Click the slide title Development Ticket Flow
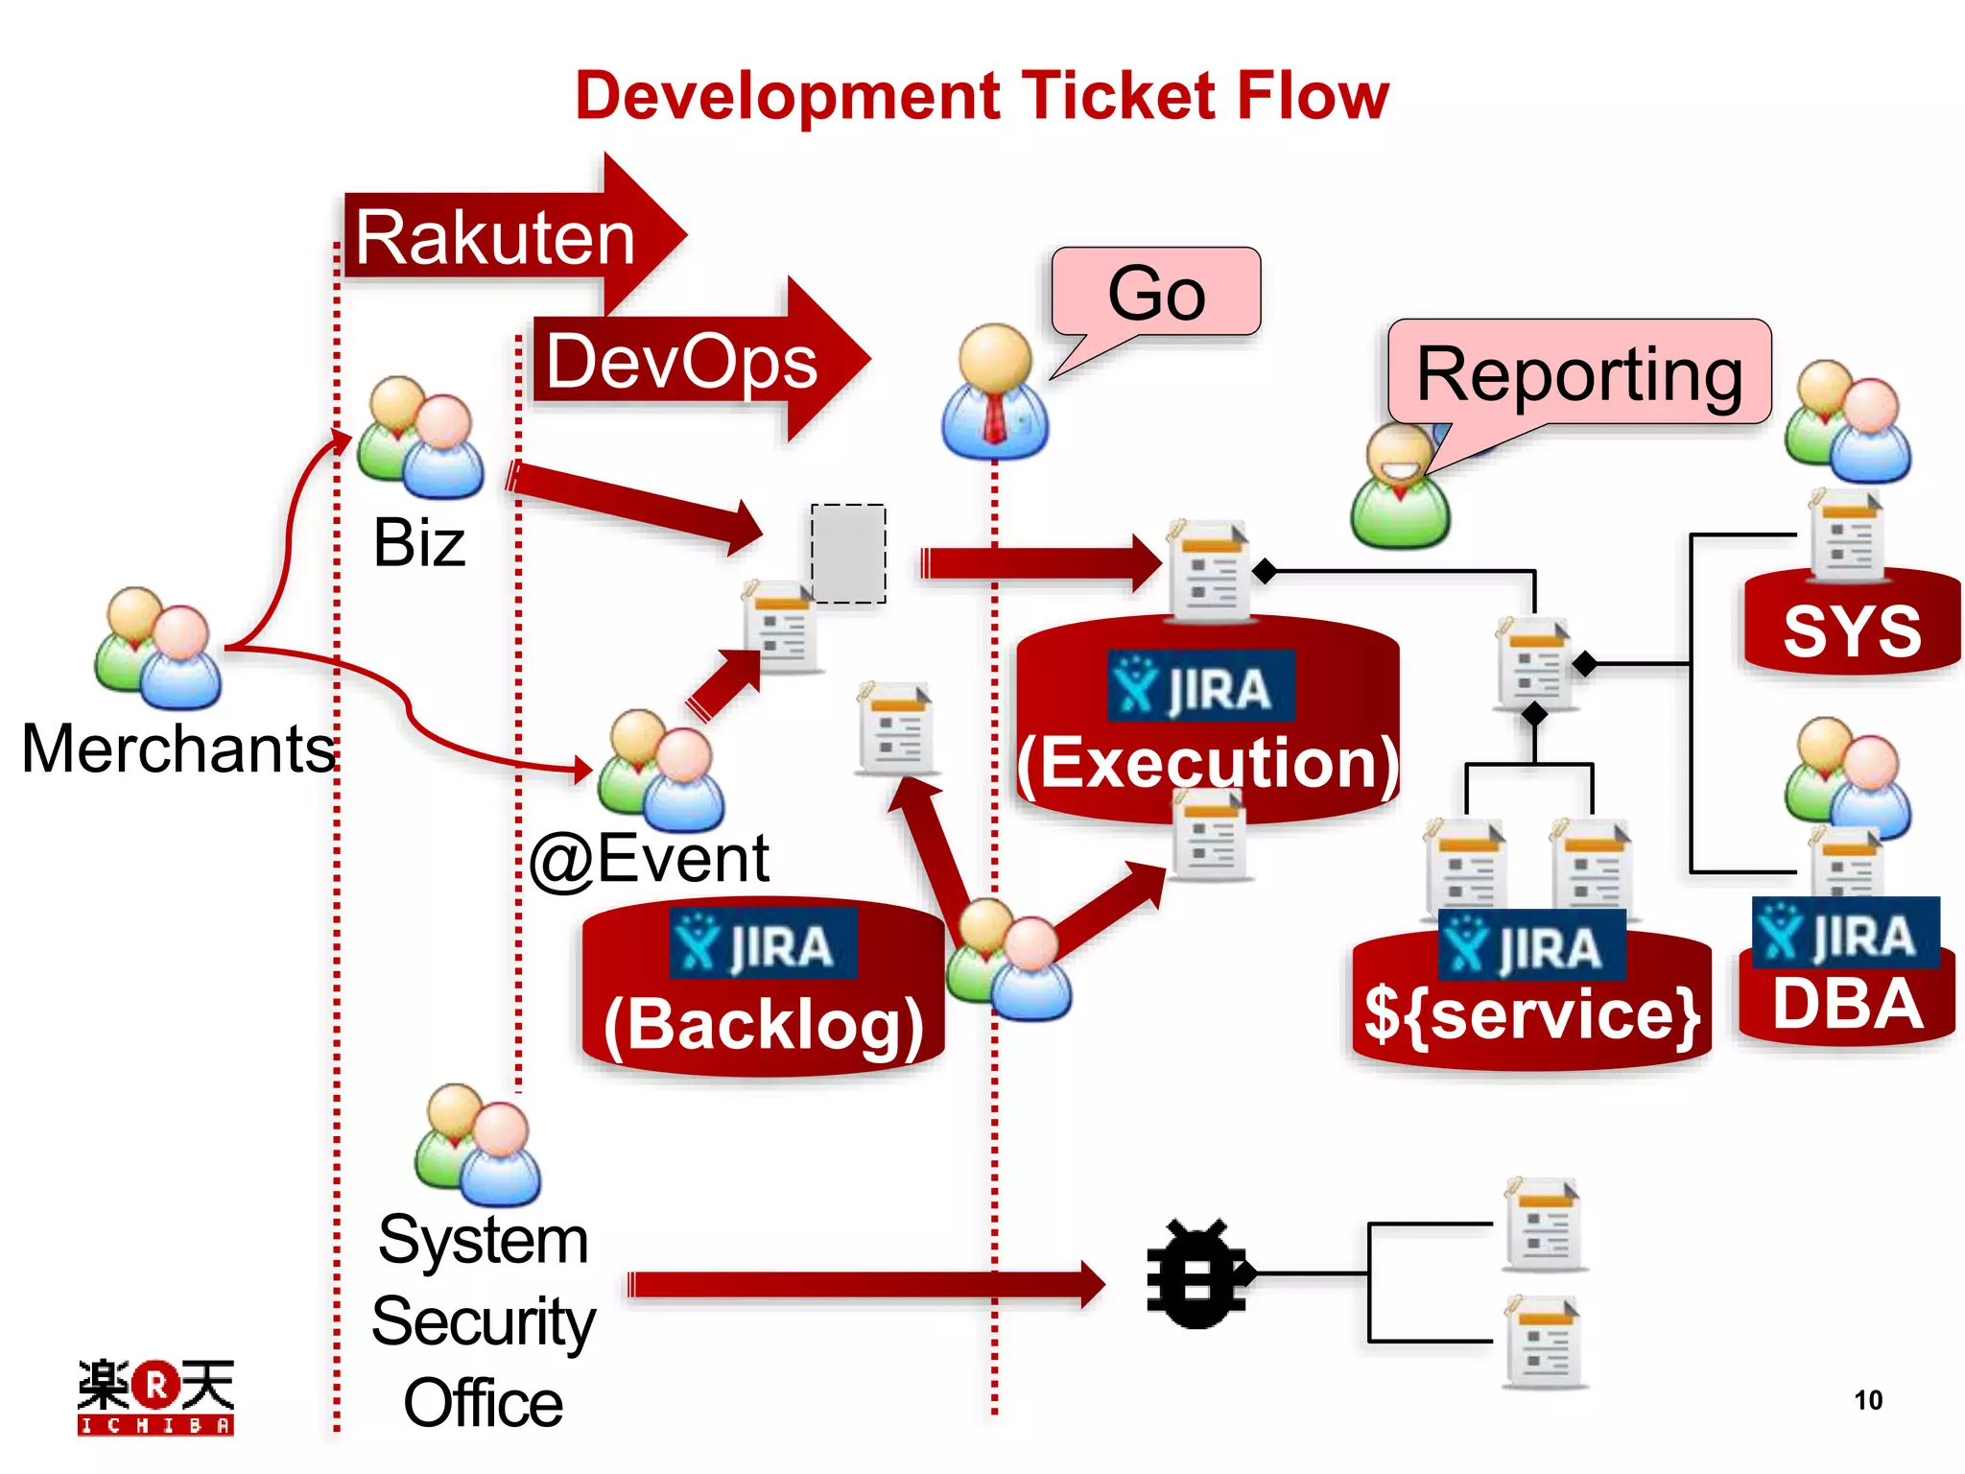coord(982,96)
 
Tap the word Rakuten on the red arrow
coord(495,238)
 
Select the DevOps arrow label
coord(681,362)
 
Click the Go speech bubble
coord(1156,293)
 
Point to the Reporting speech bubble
coord(1579,374)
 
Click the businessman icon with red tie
coord(995,393)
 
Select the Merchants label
coord(178,749)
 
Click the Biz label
coord(419,543)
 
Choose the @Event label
coord(650,859)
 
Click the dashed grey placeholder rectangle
coord(848,554)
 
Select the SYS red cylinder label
coord(1852,631)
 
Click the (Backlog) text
coord(764,1025)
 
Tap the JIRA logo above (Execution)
coord(1200,686)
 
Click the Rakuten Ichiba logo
coord(155,1396)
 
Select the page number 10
coord(1867,1400)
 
